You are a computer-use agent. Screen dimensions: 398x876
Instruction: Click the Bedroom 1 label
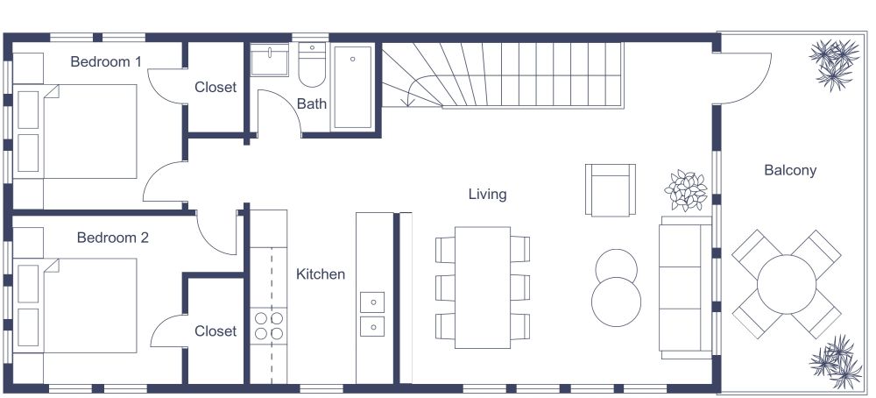pyautogui.click(x=106, y=62)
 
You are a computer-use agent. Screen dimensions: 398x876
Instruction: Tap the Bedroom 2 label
pyautogui.click(x=112, y=238)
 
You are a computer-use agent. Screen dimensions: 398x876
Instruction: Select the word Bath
pyautogui.click(x=312, y=103)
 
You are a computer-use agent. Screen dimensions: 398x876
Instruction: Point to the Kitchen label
pyautogui.click(x=321, y=274)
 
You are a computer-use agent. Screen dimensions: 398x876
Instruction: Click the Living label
pyautogui.click(x=487, y=194)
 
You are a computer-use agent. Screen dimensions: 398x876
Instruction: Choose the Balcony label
pyautogui.click(x=790, y=171)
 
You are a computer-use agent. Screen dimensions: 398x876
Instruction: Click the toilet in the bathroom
pyautogui.click(x=313, y=63)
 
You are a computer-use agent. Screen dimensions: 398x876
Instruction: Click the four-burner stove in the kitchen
pyautogui.click(x=270, y=326)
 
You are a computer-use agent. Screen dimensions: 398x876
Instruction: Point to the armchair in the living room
pyautogui.click(x=610, y=189)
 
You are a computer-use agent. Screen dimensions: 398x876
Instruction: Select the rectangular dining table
pyautogui.click(x=483, y=288)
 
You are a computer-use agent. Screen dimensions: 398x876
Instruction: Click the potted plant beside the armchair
pyautogui.click(x=686, y=190)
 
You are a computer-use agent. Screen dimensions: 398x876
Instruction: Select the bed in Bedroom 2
pyautogui.click(x=88, y=305)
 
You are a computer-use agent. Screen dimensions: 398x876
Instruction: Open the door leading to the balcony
pyautogui.click(x=744, y=75)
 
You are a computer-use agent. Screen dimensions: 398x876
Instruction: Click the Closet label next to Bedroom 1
pyautogui.click(x=215, y=88)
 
